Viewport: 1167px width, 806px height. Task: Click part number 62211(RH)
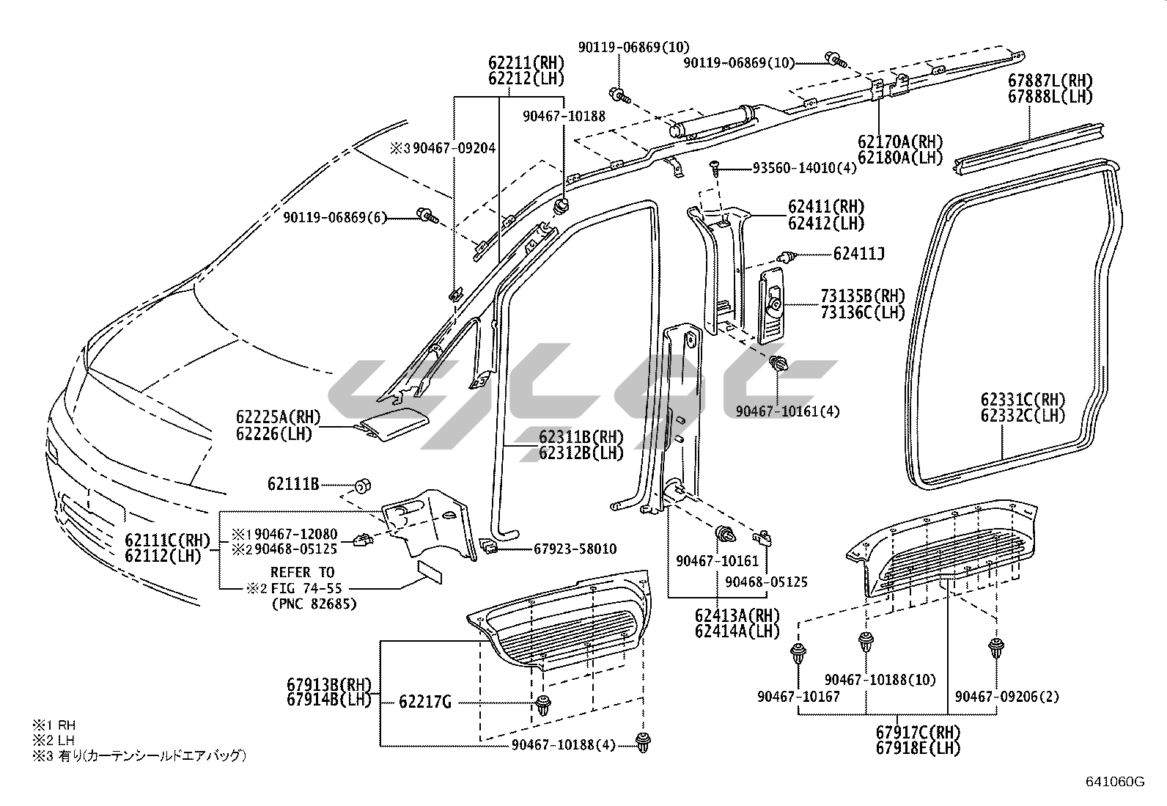pos(526,62)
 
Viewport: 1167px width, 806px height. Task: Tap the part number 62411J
pos(858,254)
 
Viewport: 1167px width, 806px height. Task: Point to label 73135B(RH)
pos(863,296)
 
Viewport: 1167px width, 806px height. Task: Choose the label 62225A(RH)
pos(279,417)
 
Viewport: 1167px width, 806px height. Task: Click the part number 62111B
pos(293,484)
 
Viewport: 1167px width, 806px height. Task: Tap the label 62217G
pos(425,703)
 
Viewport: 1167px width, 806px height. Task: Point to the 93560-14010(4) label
pos(804,168)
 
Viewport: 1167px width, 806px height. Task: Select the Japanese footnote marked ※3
pos(139,755)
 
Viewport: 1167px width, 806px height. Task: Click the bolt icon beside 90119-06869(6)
pos(425,215)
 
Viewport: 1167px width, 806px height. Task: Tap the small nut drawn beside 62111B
pos(361,486)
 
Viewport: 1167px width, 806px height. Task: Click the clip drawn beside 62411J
pos(787,256)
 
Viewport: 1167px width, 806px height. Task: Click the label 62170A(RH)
pos(900,142)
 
